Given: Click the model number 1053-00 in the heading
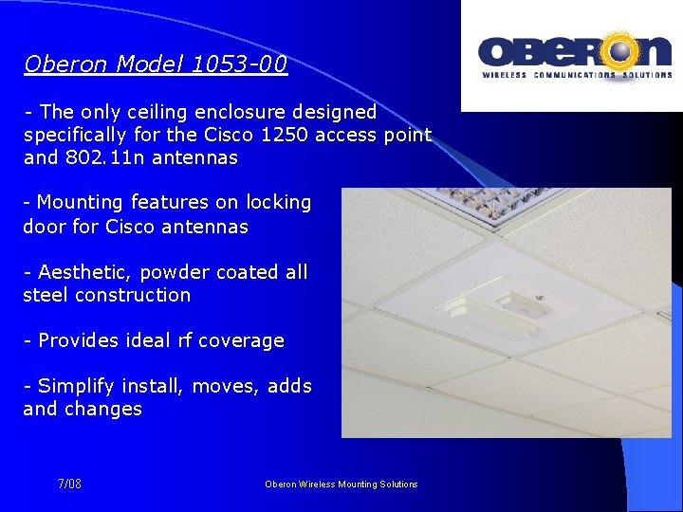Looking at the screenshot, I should pos(239,64).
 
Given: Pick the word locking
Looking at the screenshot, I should pos(278,203).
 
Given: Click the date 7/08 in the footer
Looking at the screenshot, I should pos(69,485).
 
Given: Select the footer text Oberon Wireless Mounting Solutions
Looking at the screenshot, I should pos(341,485).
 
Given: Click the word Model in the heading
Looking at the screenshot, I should pos(150,64).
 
